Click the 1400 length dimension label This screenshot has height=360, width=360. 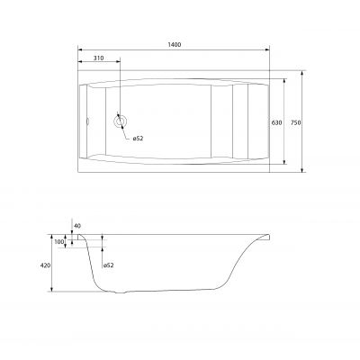click(x=175, y=45)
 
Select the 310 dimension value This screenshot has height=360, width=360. click(x=98, y=58)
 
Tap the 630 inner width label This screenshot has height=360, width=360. click(x=276, y=122)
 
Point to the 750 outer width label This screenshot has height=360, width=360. click(x=295, y=122)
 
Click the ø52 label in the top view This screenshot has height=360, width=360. click(x=138, y=139)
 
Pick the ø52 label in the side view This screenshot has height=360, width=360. click(x=108, y=265)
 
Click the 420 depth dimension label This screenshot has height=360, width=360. click(x=45, y=265)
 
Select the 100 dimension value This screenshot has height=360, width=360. click(x=59, y=242)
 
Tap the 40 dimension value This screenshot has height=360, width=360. click(x=77, y=226)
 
